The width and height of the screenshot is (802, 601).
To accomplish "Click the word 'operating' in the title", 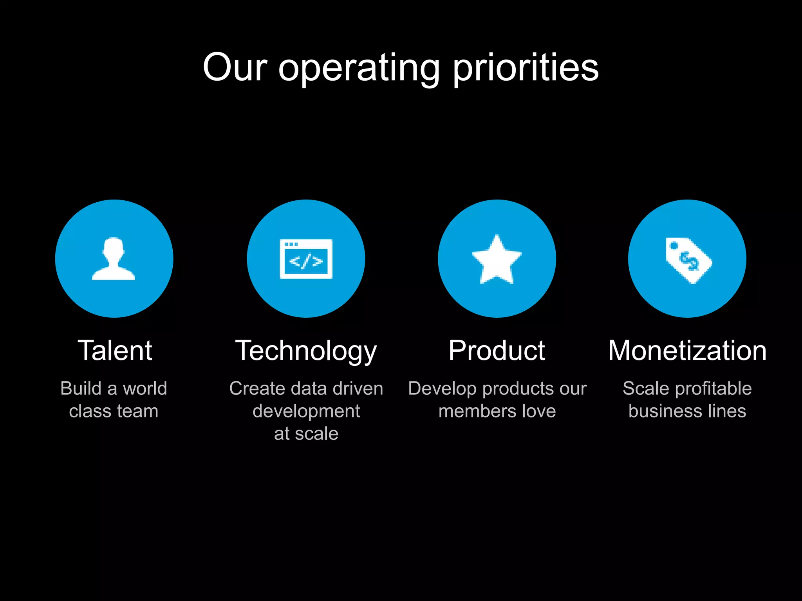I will [359, 68].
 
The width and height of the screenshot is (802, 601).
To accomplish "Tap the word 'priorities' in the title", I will [526, 68].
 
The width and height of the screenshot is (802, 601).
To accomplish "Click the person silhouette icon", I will [114, 259].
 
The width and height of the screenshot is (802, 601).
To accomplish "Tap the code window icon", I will [306, 259].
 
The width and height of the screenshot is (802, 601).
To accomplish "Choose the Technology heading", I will [306, 351].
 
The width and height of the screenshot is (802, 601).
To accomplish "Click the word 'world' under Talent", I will [145, 389].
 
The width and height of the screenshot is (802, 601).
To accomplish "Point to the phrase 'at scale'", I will [306, 434].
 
